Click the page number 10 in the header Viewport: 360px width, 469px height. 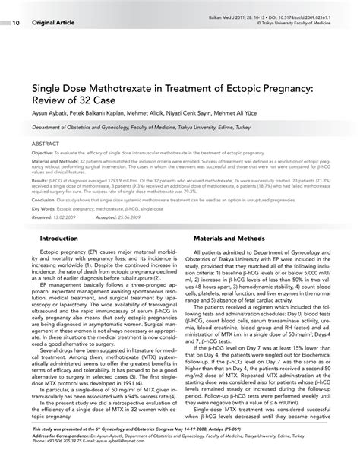pyautogui.click(x=16, y=22)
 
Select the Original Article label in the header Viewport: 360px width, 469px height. pyautogui.click(x=52, y=22)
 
